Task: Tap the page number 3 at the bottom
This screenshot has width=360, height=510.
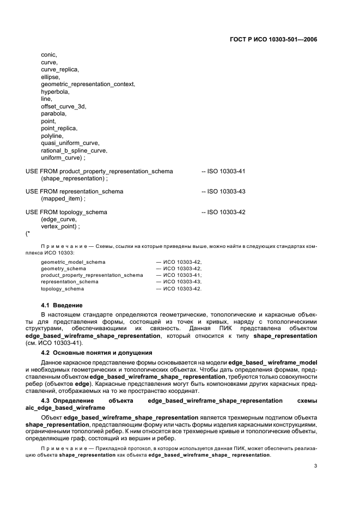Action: [316, 466]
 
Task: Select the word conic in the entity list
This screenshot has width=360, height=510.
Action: [49, 54]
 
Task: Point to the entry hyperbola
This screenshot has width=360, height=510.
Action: [55, 92]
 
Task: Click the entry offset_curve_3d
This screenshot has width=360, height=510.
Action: [63, 106]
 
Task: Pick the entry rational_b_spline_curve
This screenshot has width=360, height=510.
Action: [74, 150]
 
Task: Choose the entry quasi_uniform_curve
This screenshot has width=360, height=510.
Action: [70, 143]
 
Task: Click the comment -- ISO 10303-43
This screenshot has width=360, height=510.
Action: [223, 192]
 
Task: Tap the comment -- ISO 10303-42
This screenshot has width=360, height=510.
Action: [223, 212]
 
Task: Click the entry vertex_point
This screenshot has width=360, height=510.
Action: [60, 226]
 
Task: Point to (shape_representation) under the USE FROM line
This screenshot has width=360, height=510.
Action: [74, 178]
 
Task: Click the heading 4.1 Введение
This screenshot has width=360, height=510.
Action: [62, 305]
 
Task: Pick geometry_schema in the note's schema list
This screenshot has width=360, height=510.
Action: [63, 269]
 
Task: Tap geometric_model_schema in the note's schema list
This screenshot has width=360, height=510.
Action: [73, 262]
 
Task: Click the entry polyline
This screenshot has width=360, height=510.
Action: [52, 136]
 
